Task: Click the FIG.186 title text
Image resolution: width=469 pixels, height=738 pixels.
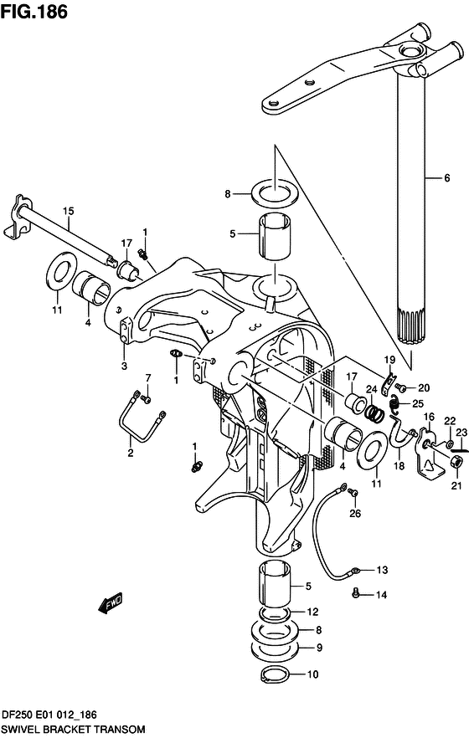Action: click(34, 12)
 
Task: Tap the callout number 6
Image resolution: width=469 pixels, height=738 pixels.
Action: click(446, 178)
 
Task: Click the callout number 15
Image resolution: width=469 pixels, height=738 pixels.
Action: click(69, 211)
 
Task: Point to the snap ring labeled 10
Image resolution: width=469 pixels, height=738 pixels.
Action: click(275, 674)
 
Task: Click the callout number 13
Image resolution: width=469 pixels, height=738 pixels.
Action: click(382, 570)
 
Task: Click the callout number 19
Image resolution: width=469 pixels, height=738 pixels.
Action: click(389, 361)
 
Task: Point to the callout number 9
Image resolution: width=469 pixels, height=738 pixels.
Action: click(319, 648)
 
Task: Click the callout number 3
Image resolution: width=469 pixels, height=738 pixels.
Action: click(124, 365)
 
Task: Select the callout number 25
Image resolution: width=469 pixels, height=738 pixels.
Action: click(418, 403)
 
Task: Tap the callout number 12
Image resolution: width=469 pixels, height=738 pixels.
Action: click(312, 612)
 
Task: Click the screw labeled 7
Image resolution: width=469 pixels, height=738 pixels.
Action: click(147, 400)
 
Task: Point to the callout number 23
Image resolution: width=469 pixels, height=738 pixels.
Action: click(461, 432)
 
